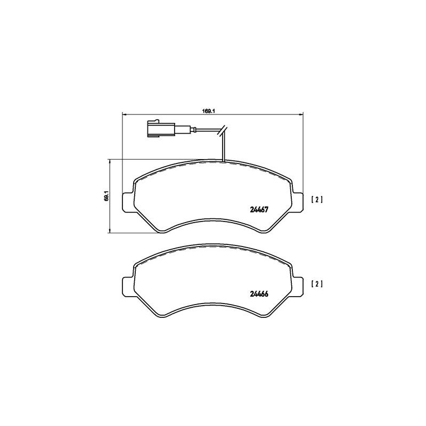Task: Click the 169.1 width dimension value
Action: tap(208, 111)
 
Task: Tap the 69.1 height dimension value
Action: tap(106, 196)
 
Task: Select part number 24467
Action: tap(258, 209)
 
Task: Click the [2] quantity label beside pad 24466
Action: tap(317, 284)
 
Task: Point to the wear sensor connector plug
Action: tap(158, 129)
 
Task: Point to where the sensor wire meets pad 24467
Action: tap(224, 160)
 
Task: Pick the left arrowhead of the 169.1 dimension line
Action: tap(125, 114)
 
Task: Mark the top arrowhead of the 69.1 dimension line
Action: tap(110, 160)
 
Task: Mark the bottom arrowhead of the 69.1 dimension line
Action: tap(110, 231)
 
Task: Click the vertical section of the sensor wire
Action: tap(224, 146)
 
